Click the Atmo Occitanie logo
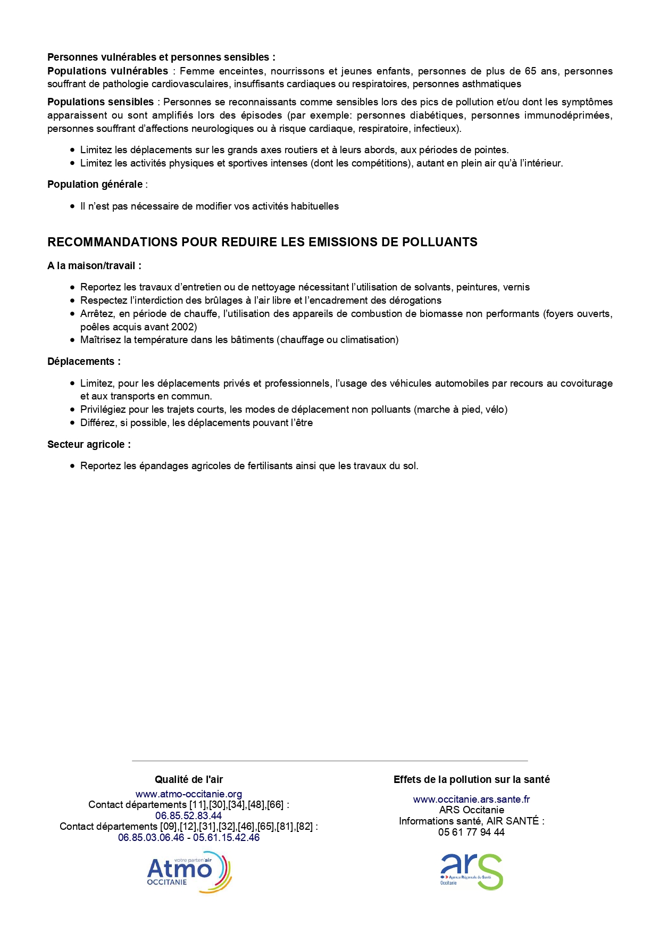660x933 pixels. (x=189, y=872)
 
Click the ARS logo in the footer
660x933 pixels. (x=471, y=872)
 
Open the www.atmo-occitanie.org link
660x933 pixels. (x=189, y=794)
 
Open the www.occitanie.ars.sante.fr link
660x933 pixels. (x=471, y=799)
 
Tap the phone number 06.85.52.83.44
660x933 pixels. (x=188, y=815)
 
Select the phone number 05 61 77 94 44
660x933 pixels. (x=471, y=832)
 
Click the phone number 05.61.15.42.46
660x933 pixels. (x=227, y=837)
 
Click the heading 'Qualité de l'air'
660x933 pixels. (x=189, y=779)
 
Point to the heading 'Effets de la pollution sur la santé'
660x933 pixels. (x=471, y=779)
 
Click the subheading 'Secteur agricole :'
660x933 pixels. (x=89, y=444)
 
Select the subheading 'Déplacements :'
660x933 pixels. (x=84, y=361)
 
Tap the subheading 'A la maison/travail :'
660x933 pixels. (x=94, y=265)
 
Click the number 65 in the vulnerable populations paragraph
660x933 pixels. (x=530, y=71)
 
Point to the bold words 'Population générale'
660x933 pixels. (x=95, y=184)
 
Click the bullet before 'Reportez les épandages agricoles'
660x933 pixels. (x=73, y=466)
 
